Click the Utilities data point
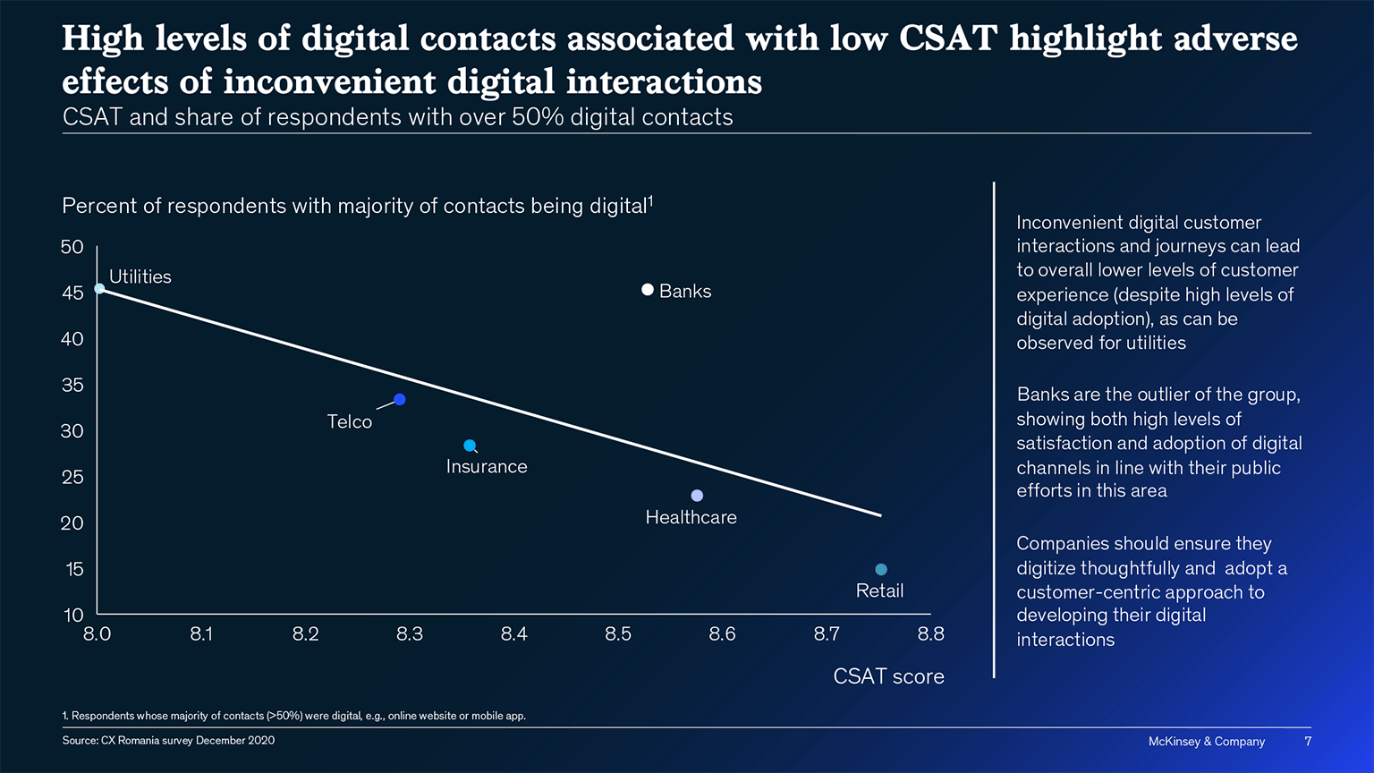click(99, 288)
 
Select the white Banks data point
click(648, 290)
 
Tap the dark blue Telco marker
click(400, 399)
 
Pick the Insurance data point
click(470, 446)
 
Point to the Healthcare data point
click(697, 496)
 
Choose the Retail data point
click(881, 570)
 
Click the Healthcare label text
click(691, 517)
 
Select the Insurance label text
click(487, 466)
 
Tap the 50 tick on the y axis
click(72, 247)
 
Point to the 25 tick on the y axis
click(72, 477)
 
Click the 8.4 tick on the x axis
click(513, 634)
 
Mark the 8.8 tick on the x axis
click(930, 634)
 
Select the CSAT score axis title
click(888, 676)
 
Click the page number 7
click(1308, 741)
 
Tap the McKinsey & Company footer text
click(1206, 741)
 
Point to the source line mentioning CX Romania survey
click(168, 741)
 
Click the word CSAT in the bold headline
click(947, 38)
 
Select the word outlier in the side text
click(1131, 395)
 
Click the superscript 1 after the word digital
click(650, 200)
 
